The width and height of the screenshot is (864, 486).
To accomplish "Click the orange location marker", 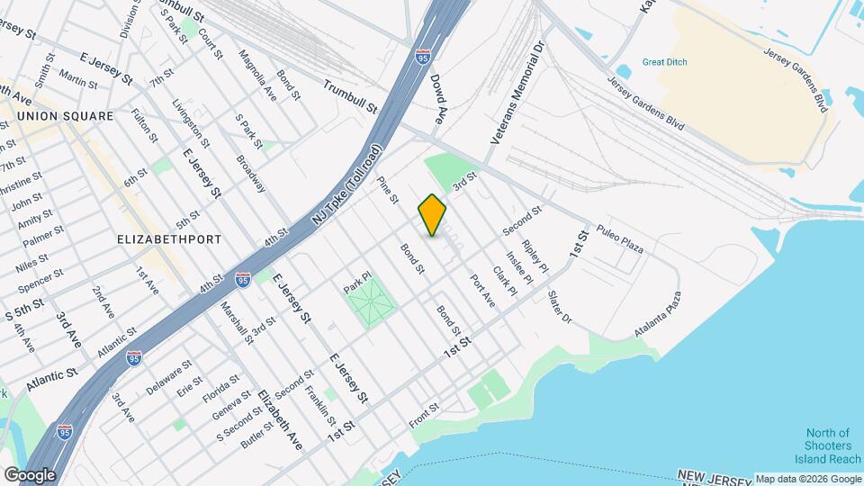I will point(433,215).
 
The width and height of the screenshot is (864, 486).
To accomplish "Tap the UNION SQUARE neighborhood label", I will point(66,116).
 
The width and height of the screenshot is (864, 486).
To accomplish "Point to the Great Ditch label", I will point(665,63).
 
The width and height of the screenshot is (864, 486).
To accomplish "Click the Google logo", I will point(30,474).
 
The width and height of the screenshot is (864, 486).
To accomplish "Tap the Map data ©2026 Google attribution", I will point(807,479).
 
